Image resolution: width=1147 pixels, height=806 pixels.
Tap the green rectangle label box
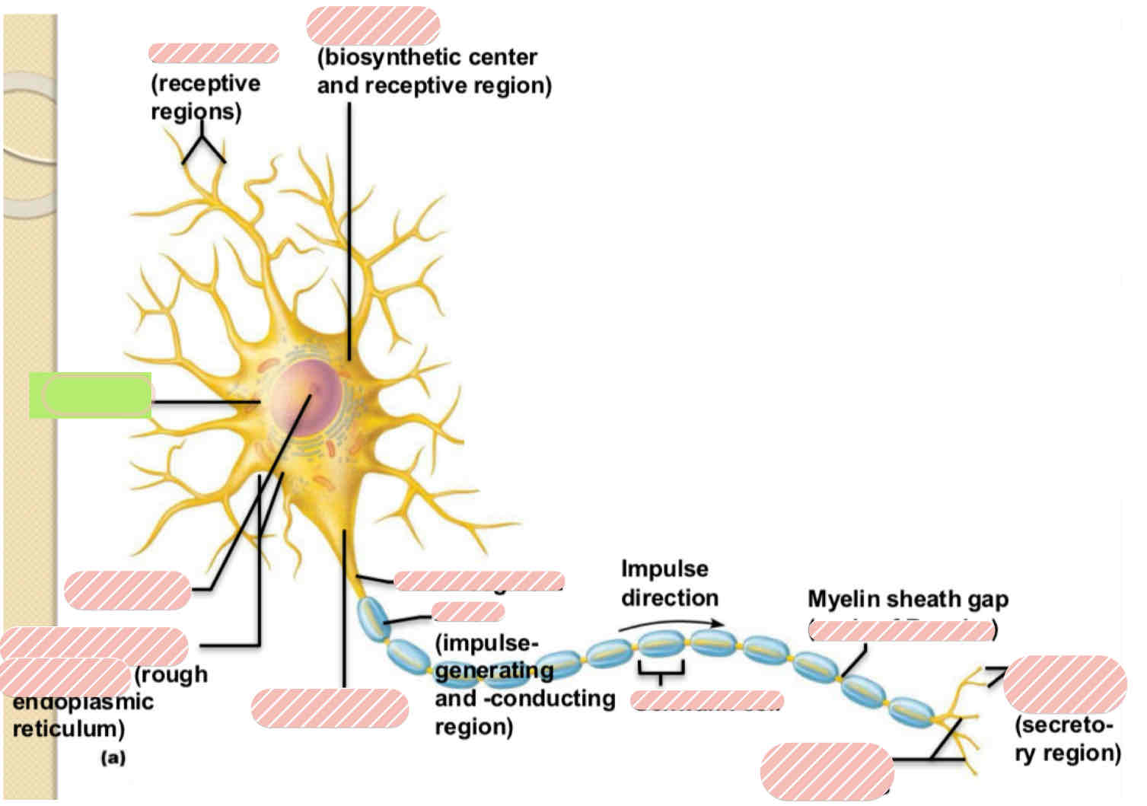point(90,396)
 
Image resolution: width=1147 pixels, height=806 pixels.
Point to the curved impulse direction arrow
point(670,624)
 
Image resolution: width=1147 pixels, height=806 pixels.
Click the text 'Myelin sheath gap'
point(907,600)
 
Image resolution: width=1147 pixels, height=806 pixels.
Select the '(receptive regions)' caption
point(204,97)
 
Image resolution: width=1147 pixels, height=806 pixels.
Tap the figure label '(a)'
point(113,758)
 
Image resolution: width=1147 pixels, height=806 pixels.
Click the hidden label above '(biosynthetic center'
point(373,26)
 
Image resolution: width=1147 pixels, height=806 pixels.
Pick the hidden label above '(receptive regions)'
point(213,53)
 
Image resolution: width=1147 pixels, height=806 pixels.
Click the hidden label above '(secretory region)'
point(1065,683)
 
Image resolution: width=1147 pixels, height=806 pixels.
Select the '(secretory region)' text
point(1067,739)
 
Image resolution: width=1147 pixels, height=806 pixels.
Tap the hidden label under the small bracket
point(706,700)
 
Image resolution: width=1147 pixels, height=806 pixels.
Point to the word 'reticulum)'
point(69,729)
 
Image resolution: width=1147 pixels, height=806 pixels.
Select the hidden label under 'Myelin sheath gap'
point(902,630)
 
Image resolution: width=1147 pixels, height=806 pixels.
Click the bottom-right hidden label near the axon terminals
point(827,770)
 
